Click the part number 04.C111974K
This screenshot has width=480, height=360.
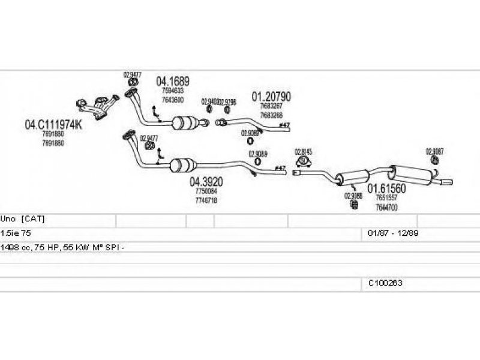(x=53, y=125)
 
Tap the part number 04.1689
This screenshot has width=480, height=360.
(x=173, y=81)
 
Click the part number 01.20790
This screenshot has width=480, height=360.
(x=271, y=96)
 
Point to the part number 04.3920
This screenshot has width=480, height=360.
(x=207, y=182)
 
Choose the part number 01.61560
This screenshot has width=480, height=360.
(x=387, y=188)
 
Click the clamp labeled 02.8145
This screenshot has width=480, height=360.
(x=304, y=161)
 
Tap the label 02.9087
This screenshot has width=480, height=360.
(x=434, y=151)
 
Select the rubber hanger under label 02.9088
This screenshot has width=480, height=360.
(x=353, y=206)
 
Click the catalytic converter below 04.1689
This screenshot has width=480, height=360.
(x=187, y=124)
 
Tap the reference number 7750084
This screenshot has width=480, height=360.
(x=206, y=191)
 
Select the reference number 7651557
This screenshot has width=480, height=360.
(x=387, y=197)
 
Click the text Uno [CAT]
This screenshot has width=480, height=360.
(x=23, y=219)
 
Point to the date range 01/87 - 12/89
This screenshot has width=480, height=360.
(x=388, y=232)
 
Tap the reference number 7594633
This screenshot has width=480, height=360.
(x=173, y=91)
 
